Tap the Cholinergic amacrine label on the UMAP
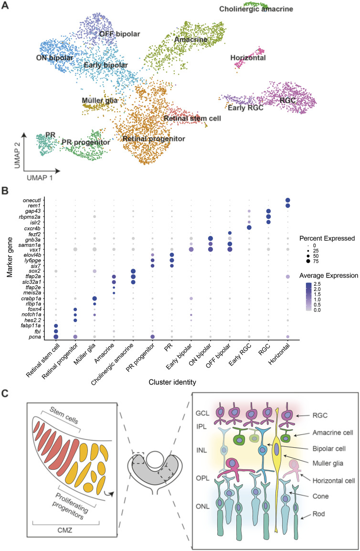point(256,9)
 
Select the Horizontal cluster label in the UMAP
point(248,58)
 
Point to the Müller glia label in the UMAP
point(100,101)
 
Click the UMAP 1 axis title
point(40,178)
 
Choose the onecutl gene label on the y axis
point(32,200)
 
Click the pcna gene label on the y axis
point(35,337)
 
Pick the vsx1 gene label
point(35,249)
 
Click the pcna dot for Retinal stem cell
point(55,337)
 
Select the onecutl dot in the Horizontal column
point(287,200)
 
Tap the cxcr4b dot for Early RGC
point(249,227)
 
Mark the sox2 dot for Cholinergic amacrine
point(133,271)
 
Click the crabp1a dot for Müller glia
point(95,299)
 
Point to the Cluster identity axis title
point(172,382)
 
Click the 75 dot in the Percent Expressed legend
point(307,261)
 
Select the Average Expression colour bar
point(308,297)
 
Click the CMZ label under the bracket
point(64,530)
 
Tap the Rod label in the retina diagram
point(318,514)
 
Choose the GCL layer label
point(202,413)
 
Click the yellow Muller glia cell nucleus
point(277,449)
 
